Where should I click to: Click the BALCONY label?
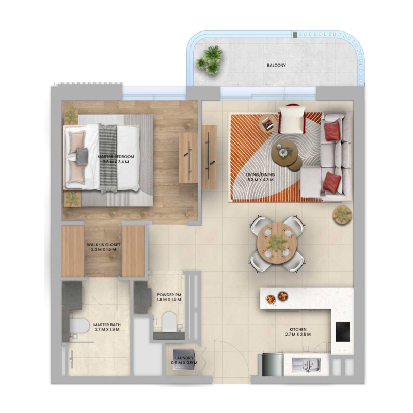[x=276, y=66]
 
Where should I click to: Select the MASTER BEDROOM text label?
[x=116, y=159]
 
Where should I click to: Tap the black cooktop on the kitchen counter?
[x=342, y=331]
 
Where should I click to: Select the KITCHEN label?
[x=298, y=331]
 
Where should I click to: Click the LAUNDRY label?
[x=184, y=360]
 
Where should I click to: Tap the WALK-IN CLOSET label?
[x=103, y=247]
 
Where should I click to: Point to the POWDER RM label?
[x=168, y=297]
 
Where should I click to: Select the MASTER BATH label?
[x=106, y=327]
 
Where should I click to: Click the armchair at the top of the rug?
[x=292, y=120]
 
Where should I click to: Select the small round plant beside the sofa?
[x=341, y=214]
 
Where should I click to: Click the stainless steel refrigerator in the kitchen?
[x=273, y=364]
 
